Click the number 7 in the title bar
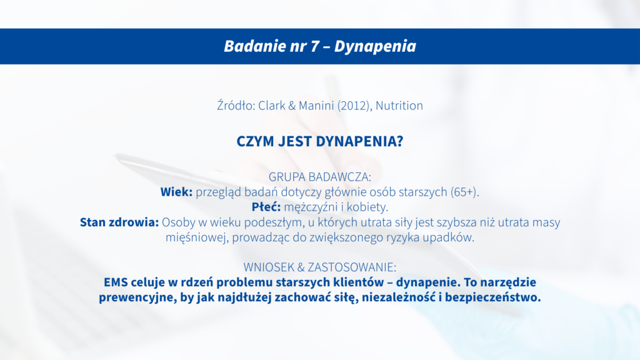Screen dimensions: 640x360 click(x=314, y=46)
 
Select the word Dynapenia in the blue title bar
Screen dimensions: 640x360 click(x=375, y=47)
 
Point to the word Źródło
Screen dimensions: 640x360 click(x=236, y=105)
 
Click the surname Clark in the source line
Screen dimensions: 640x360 click(x=272, y=105)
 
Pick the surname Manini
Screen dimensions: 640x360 click(x=316, y=105)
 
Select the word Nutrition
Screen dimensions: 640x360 click(x=399, y=105)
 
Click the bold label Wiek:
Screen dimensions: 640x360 click(x=176, y=192)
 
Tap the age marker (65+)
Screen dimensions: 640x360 click(x=465, y=192)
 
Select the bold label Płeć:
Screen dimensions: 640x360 click(x=266, y=207)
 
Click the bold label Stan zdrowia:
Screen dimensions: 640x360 click(x=119, y=222)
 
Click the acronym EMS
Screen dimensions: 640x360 click(x=116, y=282)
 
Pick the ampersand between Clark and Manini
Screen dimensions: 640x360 click(x=292, y=106)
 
